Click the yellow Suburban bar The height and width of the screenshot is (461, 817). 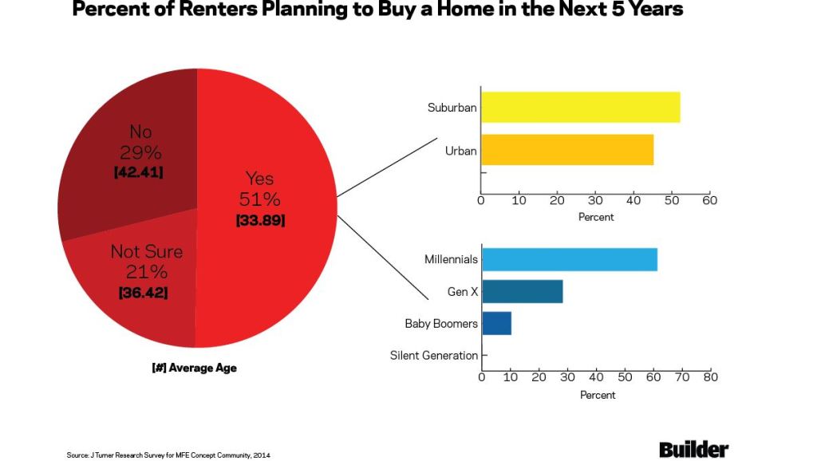[x=580, y=107]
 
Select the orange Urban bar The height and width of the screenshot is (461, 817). [x=566, y=150]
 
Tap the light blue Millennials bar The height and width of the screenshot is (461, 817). [x=569, y=259]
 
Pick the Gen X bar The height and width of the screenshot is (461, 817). [x=522, y=292]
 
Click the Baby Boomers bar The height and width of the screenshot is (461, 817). [x=496, y=323]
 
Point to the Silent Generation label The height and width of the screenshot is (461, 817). [x=433, y=356]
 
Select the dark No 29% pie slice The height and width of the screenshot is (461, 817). [x=120, y=183]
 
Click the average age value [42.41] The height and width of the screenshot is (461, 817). [x=140, y=171]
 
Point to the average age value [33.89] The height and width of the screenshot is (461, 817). [x=260, y=220]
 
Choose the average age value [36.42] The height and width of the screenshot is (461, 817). [x=144, y=293]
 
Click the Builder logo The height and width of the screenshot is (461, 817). [x=693, y=450]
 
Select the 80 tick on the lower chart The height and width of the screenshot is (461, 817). [x=710, y=377]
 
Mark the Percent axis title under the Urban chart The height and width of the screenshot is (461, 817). [x=596, y=217]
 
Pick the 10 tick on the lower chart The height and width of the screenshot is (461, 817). [x=510, y=377]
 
